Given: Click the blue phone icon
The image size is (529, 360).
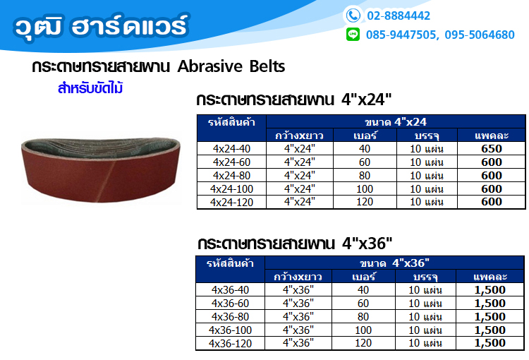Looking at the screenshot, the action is pos(353,16).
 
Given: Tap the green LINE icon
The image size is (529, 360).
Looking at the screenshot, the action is pos(353,35).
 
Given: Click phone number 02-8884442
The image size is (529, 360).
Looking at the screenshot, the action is pos(399,16).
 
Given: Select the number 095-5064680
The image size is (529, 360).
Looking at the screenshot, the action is pos(480,35).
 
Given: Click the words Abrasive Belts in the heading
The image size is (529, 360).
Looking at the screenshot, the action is pos(231,66).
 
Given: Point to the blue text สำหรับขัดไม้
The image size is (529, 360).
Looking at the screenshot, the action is pos(90,88).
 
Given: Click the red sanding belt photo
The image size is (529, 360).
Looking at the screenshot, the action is pos(101,169).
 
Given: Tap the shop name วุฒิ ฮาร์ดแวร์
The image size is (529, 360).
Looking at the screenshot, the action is pos(101,25).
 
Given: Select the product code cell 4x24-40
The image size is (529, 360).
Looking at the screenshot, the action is pos(231,149).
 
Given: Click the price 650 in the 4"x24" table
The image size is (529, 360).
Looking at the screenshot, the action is pos(492,149).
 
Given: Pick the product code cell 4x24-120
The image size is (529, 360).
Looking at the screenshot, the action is pos(231,203).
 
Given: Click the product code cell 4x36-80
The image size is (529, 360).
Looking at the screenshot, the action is pos(230,317).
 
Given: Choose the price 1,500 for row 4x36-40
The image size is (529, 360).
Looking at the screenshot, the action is pos(490,289).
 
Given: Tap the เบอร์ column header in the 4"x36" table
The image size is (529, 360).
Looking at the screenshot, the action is pos(363,277).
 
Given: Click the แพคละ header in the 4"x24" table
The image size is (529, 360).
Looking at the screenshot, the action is pos(492,136).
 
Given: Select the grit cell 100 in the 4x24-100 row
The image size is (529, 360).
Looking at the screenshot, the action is pos(365,188).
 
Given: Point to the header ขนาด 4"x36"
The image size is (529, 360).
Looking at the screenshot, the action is pos(394,263).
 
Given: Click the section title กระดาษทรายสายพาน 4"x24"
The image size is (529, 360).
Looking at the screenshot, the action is pos(294,100).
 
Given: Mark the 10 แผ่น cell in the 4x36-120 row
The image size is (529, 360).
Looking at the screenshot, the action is pos(425,343).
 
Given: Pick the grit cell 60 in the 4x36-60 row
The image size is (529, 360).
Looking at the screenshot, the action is pos(363,304).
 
